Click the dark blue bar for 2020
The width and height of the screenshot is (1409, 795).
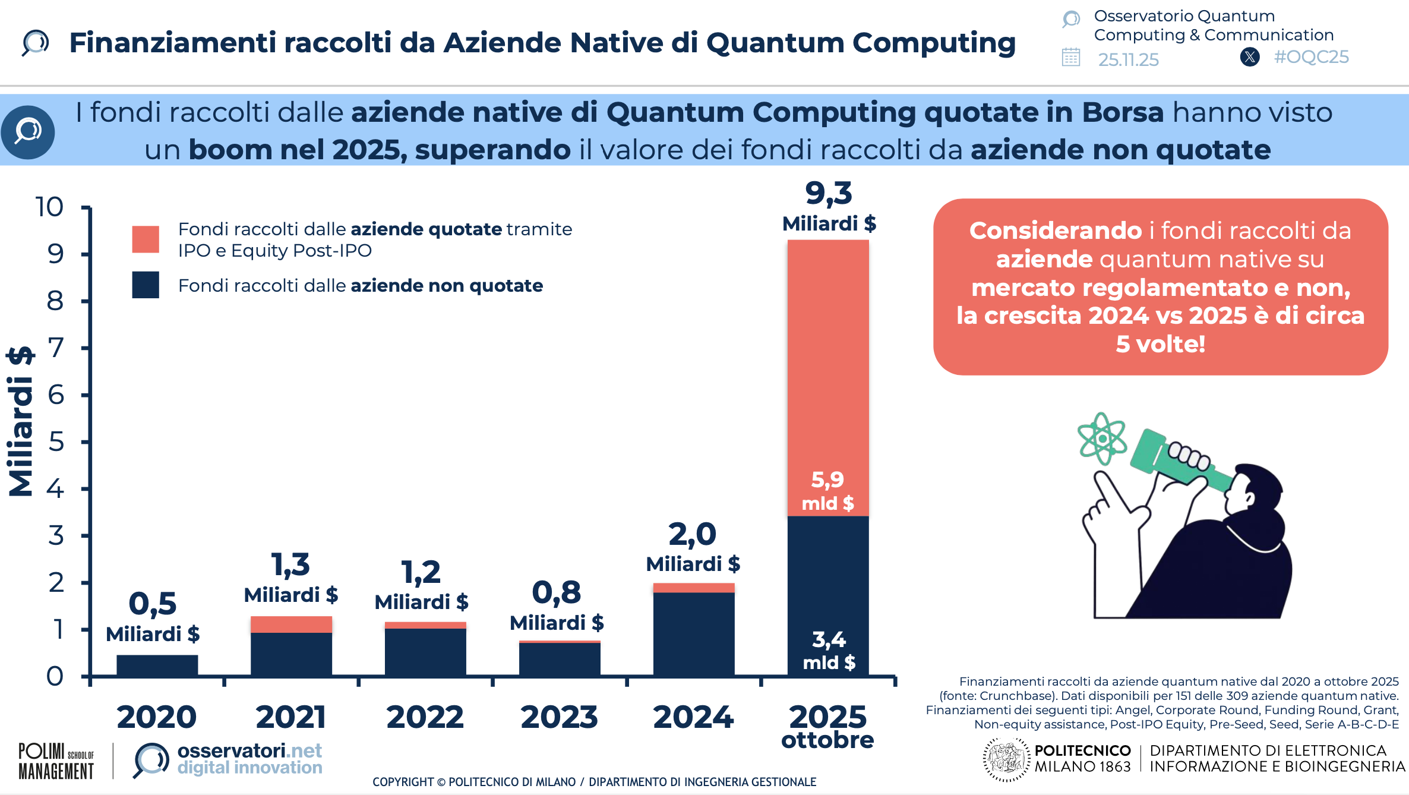[x=157, y=665]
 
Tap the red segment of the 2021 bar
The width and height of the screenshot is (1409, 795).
[x=291, y=624]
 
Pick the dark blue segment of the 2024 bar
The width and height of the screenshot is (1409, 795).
[x=693, y=633]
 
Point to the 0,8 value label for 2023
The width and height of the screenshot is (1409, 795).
[x=557, y=593]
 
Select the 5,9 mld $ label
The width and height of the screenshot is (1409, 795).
[x=827, y=491]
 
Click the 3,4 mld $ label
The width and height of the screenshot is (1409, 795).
[x=829, y=651]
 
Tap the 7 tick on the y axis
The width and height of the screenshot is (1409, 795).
[x=56, y=348]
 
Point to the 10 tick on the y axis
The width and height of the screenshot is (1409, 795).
[x=49, y=207]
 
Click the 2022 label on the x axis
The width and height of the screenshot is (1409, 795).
[x=425, y=717]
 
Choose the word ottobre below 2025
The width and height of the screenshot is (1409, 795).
[x=827, y=740]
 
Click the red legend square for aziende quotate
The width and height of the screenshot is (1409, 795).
[x=146, y=239]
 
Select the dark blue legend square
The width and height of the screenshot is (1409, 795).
[x=146, y=285]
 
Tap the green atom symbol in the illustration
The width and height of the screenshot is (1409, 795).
[x=1102, y=438]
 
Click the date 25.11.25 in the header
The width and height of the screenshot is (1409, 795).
[x=1128, y=59]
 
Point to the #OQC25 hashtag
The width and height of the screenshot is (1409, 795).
[x=1311, y=57]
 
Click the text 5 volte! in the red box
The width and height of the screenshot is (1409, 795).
[x=1160, y=344]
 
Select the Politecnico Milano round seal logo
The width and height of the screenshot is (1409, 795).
[x=1006, y=759]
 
